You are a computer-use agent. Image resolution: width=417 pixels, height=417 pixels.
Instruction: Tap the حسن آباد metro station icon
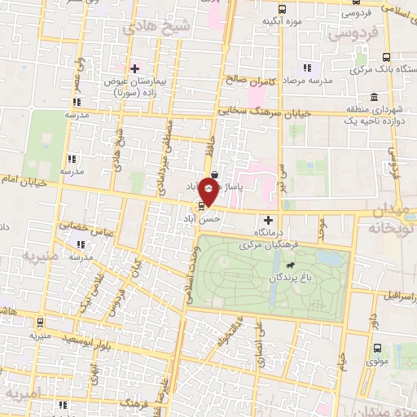(x=202, y=205)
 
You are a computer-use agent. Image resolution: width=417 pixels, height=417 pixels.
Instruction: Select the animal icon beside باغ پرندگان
(x=289, y=265)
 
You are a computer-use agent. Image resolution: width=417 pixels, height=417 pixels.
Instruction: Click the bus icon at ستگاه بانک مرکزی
(x=388, y=58)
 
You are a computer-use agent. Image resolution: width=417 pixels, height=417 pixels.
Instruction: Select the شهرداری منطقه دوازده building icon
(x=375, y=96)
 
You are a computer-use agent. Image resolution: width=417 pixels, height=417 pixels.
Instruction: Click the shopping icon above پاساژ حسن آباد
(x=213, y=174)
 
